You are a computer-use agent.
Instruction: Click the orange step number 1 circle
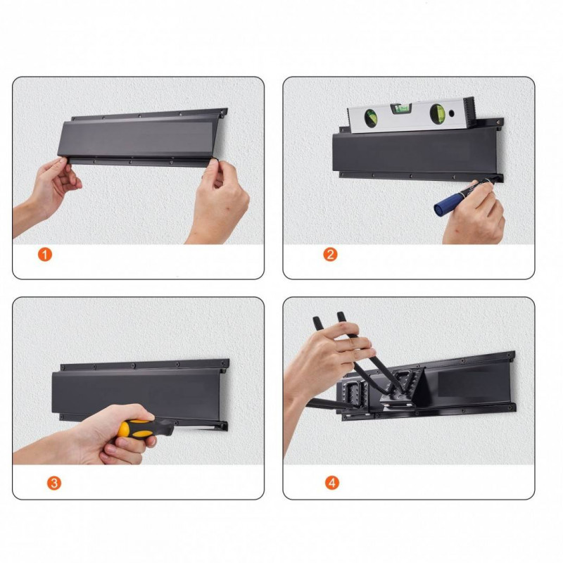pyautogui.click(x=45, y=255)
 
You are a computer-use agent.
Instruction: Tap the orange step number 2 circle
pyautogui.click(x=330, y=255)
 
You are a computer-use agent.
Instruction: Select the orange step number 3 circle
pyautogui.click(x=54, y=483)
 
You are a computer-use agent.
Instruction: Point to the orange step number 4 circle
pyautogui.click(x=332, y=483)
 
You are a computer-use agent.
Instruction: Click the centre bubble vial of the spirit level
pyautogui.click(x=401, y=108)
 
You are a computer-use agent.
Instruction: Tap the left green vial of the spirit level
pyautogui.click(x=371, y=118)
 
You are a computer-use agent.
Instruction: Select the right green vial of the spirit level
pyautogui.click(x=438, y=113)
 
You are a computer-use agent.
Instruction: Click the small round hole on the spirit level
pyautogui.click(x=452, y=113)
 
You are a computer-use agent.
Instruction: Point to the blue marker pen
pyautogui.click(x=462, y=198)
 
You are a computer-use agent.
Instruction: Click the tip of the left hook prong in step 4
pyautogui.click(x=316, y=320)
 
